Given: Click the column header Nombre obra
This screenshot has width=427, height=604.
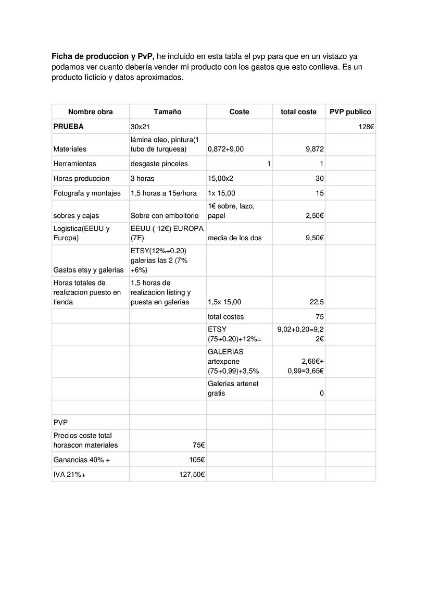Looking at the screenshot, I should [90, 112].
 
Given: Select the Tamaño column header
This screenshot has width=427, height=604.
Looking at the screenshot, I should [167, 112].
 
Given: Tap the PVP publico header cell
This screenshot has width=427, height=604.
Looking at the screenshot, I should [350, 112].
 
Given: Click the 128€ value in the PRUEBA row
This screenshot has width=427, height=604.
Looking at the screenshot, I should [366, 127].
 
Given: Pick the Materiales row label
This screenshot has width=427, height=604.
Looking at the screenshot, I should [70, 149].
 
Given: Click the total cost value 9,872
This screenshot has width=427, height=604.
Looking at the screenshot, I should [315, 149].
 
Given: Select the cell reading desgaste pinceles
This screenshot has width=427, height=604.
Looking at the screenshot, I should [159, 164].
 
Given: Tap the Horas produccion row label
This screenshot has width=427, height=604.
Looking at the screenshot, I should [81, 178].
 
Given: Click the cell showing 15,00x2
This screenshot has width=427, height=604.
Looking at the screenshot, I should [220, 178].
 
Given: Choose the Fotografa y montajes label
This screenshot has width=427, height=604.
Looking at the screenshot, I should [87, 193].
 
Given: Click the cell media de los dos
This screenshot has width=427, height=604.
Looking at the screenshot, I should [234, 238].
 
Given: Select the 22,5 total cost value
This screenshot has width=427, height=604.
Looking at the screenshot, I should [317, 302].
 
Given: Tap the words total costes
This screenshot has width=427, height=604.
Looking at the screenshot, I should [225, 317].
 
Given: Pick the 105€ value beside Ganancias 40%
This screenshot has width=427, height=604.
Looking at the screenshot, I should [196, 460].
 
